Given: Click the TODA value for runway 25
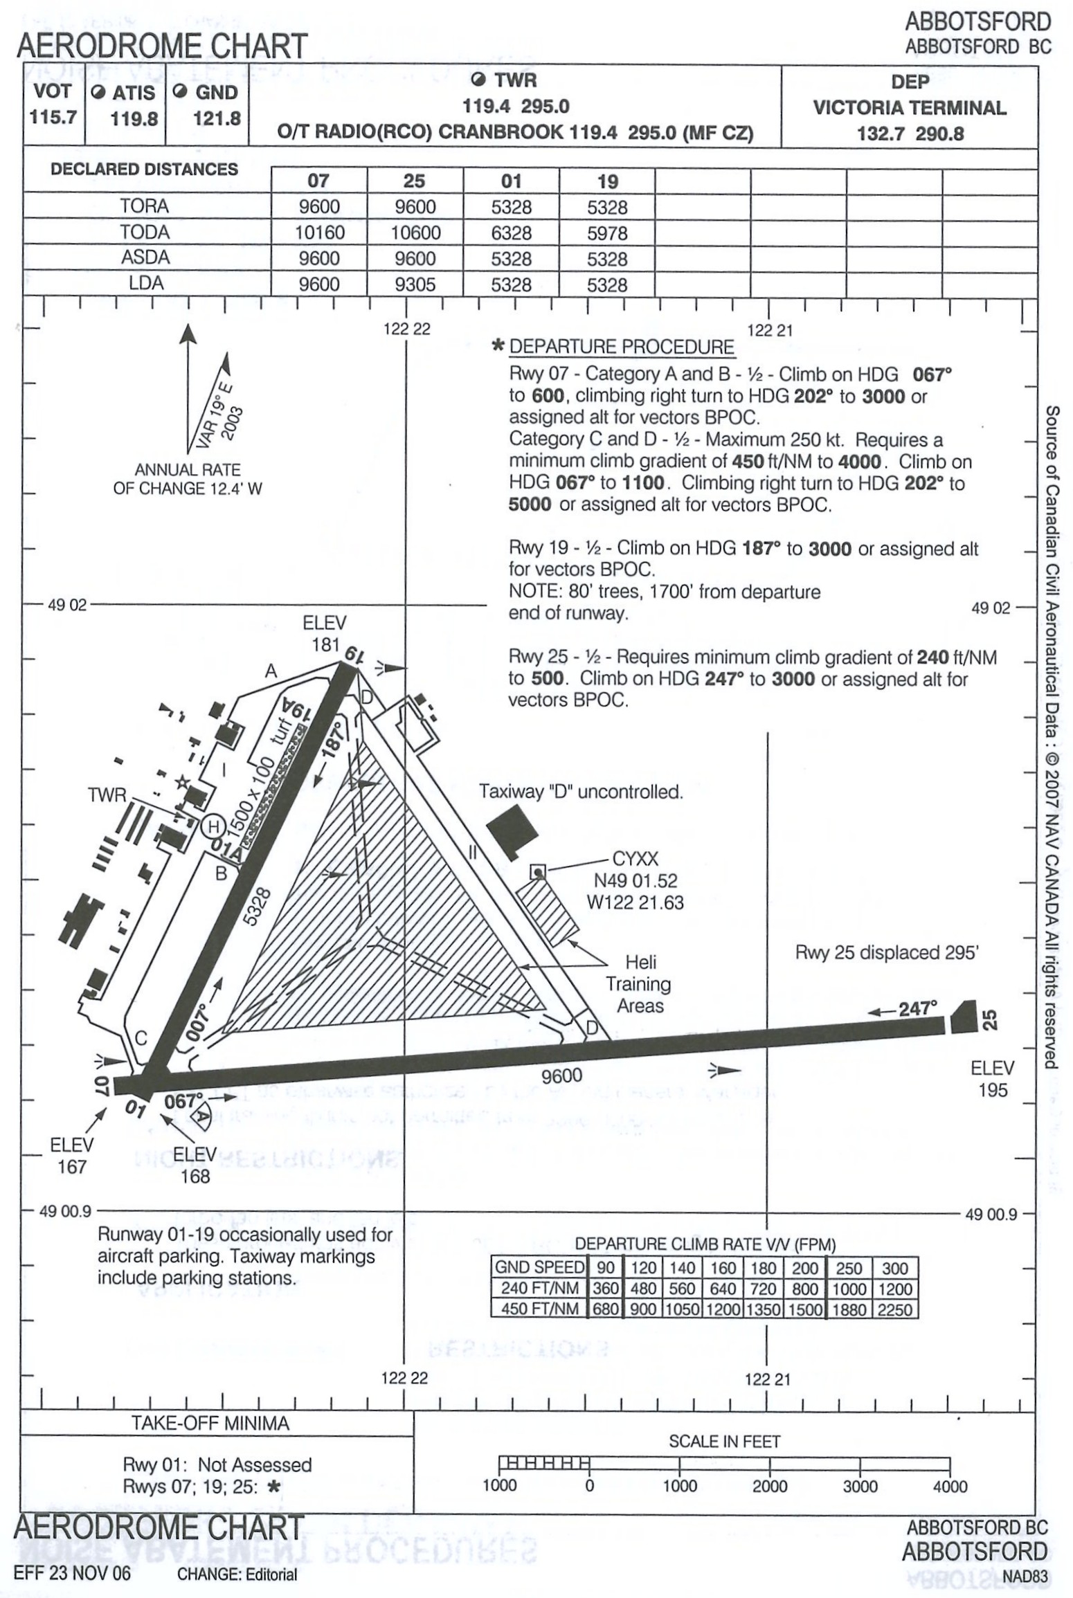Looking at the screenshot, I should [x=415, y=233].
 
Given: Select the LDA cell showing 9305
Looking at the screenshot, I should [x=415, y=284].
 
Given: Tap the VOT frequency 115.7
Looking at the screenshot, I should [x=53, y=117].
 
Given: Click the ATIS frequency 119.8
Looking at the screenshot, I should [x=134, y=118].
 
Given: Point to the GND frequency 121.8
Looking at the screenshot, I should [x=217, y=118].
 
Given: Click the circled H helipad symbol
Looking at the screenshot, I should [x=213, y=826].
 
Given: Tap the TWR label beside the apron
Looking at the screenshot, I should [x=107, y=795].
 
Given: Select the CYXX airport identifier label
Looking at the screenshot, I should [x=635, y=859].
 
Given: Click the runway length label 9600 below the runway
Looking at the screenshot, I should [x=561, y=1075].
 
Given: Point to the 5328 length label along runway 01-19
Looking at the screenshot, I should [x=258, y=906].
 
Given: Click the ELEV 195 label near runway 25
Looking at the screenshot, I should [x=992, y=1079].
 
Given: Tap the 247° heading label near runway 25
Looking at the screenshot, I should [x=917, y=1008].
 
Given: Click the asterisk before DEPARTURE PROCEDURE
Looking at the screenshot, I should [x=497, y=346].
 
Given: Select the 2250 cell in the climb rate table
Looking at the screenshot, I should [x=894, y=1309].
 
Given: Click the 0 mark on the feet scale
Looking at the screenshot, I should [x=589, y=1486].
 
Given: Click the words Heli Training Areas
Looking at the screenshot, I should [x=640, y=983].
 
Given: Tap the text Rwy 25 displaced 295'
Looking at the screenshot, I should [x=886, y=953].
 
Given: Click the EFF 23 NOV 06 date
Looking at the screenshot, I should [x=72, y=1573].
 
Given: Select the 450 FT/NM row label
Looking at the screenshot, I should [x=539, y=1309].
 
